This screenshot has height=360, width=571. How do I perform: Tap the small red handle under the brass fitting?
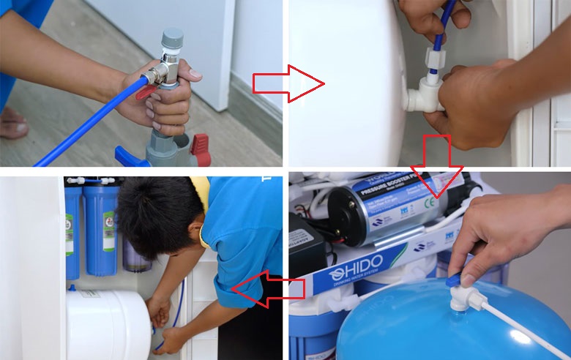click(146, 92)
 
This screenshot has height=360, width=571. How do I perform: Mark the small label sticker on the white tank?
click(89, 294)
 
